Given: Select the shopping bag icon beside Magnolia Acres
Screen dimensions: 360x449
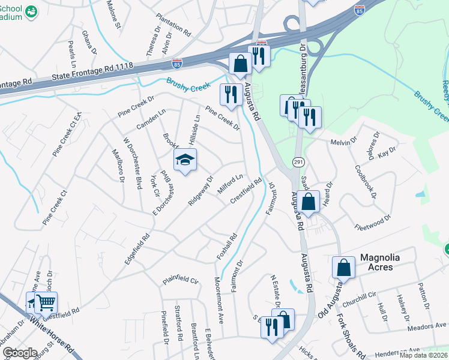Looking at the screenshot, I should click(343, 267).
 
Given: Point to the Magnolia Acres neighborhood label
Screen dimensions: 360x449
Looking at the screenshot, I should click(384, 262).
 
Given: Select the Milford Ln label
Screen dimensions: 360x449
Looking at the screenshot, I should click(230, 185).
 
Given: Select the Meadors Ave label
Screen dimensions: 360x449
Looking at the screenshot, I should click(426, 326).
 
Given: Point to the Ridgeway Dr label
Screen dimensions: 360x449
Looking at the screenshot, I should click(200, 191).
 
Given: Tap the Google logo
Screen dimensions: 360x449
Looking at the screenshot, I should click(20, 353).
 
